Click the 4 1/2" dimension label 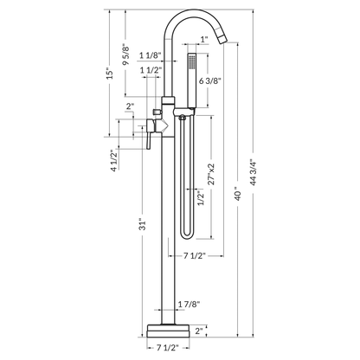[112, 162]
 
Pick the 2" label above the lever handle [130, 106]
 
